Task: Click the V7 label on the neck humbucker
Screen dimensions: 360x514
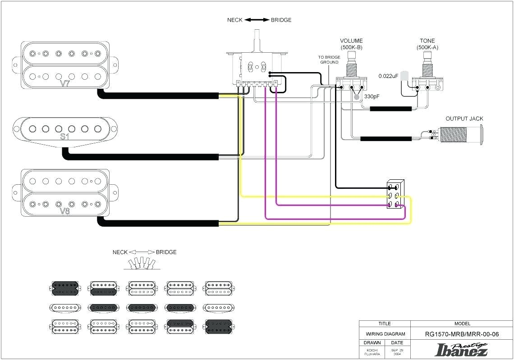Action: point(65,83)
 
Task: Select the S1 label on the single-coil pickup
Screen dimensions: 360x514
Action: point(64,137)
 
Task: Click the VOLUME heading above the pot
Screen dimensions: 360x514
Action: point(351,41)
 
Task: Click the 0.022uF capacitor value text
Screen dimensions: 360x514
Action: point(388,76)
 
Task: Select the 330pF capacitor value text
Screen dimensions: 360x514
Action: point(372,96)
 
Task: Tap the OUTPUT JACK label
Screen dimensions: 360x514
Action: point(464,118)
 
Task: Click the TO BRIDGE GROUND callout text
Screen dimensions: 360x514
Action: point(329,60)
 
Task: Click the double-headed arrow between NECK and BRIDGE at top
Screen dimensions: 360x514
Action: point(257,20)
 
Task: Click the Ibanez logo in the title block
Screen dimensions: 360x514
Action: point(461,349)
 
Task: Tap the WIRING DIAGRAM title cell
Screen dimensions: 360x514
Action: point(385,334)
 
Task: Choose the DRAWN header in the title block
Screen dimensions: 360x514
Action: point(372,343)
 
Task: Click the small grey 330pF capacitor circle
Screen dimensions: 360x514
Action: point(357,96)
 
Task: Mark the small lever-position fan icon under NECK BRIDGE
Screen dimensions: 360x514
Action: point(142,264)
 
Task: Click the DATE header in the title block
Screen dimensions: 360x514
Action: point(397,343)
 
